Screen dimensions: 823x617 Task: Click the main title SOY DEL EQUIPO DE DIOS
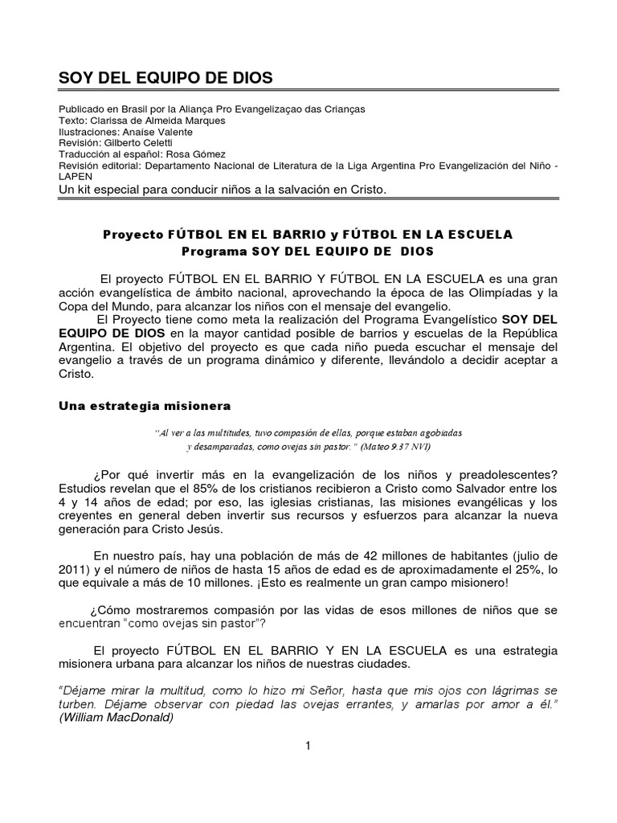click(x=166, y=78)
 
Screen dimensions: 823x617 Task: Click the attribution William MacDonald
click(x=117, y=718)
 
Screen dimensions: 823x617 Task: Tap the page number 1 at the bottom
click(x=308, y=746)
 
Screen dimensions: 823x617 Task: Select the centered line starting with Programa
click(x=308, y=251)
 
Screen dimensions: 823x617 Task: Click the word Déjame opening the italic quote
click(x=84, y=690)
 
